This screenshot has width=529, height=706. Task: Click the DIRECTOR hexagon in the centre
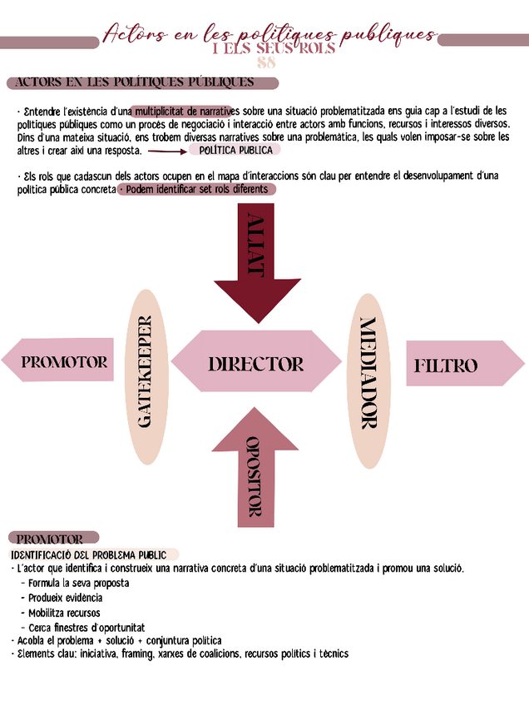pos(255,363)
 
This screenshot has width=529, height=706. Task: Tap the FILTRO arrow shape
pos(462,365)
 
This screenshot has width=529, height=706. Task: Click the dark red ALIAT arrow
pos(258,262)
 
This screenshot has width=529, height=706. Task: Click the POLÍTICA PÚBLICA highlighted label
pos(235,150)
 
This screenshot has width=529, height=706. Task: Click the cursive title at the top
pos(269,35)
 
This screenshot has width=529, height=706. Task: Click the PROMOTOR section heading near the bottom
pos(51,539)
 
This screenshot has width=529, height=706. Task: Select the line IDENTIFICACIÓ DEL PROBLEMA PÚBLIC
pos(88,554)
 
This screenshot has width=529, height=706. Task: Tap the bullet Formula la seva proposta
pos(79,583)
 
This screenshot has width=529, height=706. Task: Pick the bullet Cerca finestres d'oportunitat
pos(87,627)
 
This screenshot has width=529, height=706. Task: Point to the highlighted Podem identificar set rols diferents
pos(196,189)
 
